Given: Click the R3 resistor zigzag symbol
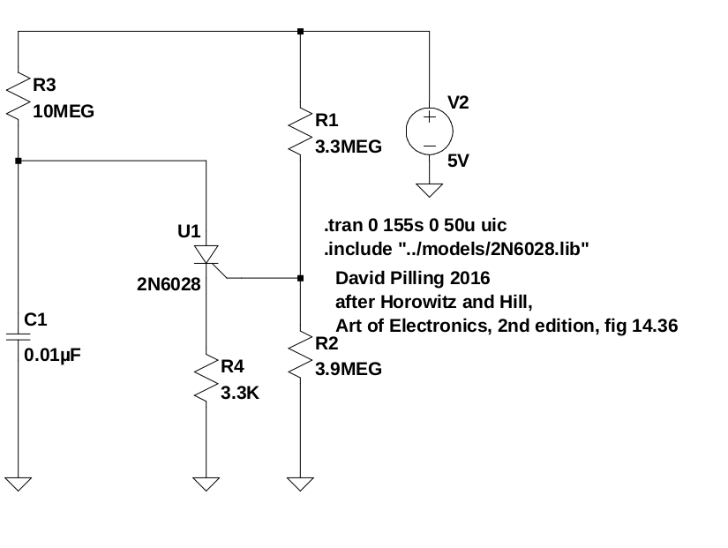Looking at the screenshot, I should [x=19, y=97].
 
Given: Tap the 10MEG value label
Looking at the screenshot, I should [x=63, y=113].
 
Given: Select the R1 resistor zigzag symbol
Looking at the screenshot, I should [x=301, y=132].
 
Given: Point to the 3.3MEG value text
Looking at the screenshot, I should [x=349, y=147].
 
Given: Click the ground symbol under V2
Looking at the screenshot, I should [x=430, y=189].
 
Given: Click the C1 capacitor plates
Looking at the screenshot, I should [x=19, y=336].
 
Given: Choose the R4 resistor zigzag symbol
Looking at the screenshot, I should [x=206, y=377].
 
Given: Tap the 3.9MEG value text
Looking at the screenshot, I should [x=349, y=369].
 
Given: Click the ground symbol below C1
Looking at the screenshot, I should [x=19, y=484].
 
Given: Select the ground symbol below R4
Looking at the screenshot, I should [x=206, y=484].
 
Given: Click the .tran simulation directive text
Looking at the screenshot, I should [x=416, y=225].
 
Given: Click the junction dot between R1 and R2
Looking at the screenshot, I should [x=301, y=278].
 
